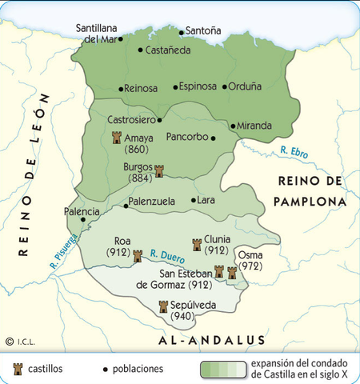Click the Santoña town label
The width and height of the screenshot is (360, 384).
pos(206,32)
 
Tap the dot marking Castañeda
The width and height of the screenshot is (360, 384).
pos(140,50)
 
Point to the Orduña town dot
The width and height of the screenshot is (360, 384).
pos(226,86)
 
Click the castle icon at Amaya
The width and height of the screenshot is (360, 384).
pos(117,138)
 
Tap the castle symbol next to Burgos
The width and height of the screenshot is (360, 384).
pos(158,170)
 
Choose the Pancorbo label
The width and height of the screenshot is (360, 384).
pos(186,137)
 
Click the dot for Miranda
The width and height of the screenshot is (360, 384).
pos(232,126)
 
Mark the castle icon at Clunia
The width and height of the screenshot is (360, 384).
pos(197,243)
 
